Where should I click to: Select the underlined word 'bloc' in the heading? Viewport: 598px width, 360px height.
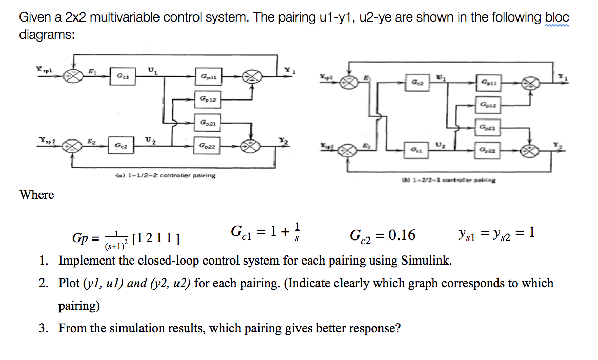tap(557, 17)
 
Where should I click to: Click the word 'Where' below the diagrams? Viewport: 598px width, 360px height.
tap(36, 195)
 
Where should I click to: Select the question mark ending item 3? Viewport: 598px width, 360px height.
tap(397, 328)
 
